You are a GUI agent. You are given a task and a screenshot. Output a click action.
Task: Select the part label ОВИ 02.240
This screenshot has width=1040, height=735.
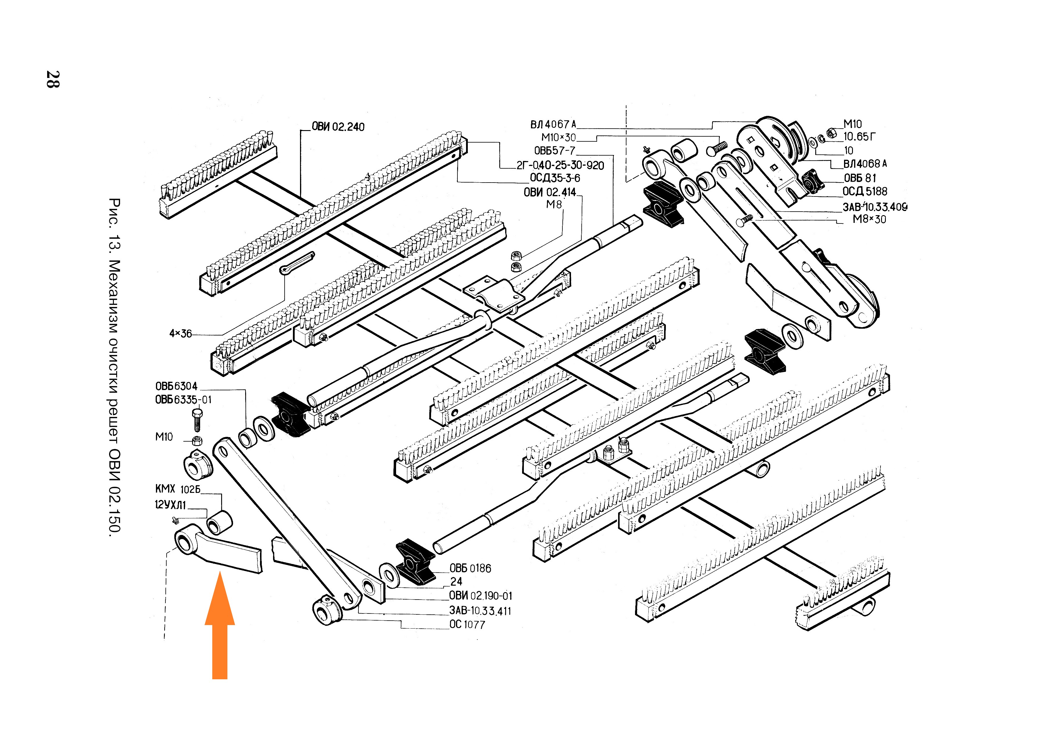tap(338, 127)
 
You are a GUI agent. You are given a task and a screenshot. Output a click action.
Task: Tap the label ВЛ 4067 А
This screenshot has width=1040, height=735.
tap(553, 124)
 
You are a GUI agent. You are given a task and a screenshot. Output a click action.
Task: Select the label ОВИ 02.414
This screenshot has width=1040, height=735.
tap(549, 192)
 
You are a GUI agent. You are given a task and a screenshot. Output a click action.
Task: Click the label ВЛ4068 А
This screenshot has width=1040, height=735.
tap(865, 164)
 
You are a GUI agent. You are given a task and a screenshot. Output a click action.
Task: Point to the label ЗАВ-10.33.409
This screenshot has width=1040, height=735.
tap(874, 207)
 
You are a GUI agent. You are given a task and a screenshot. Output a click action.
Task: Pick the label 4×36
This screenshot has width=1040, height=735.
tap(180, 334)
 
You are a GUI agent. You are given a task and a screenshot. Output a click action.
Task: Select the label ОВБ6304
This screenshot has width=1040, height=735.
tap(176, 386)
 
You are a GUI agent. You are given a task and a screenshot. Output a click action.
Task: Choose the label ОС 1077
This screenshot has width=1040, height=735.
tap(467, 624)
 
